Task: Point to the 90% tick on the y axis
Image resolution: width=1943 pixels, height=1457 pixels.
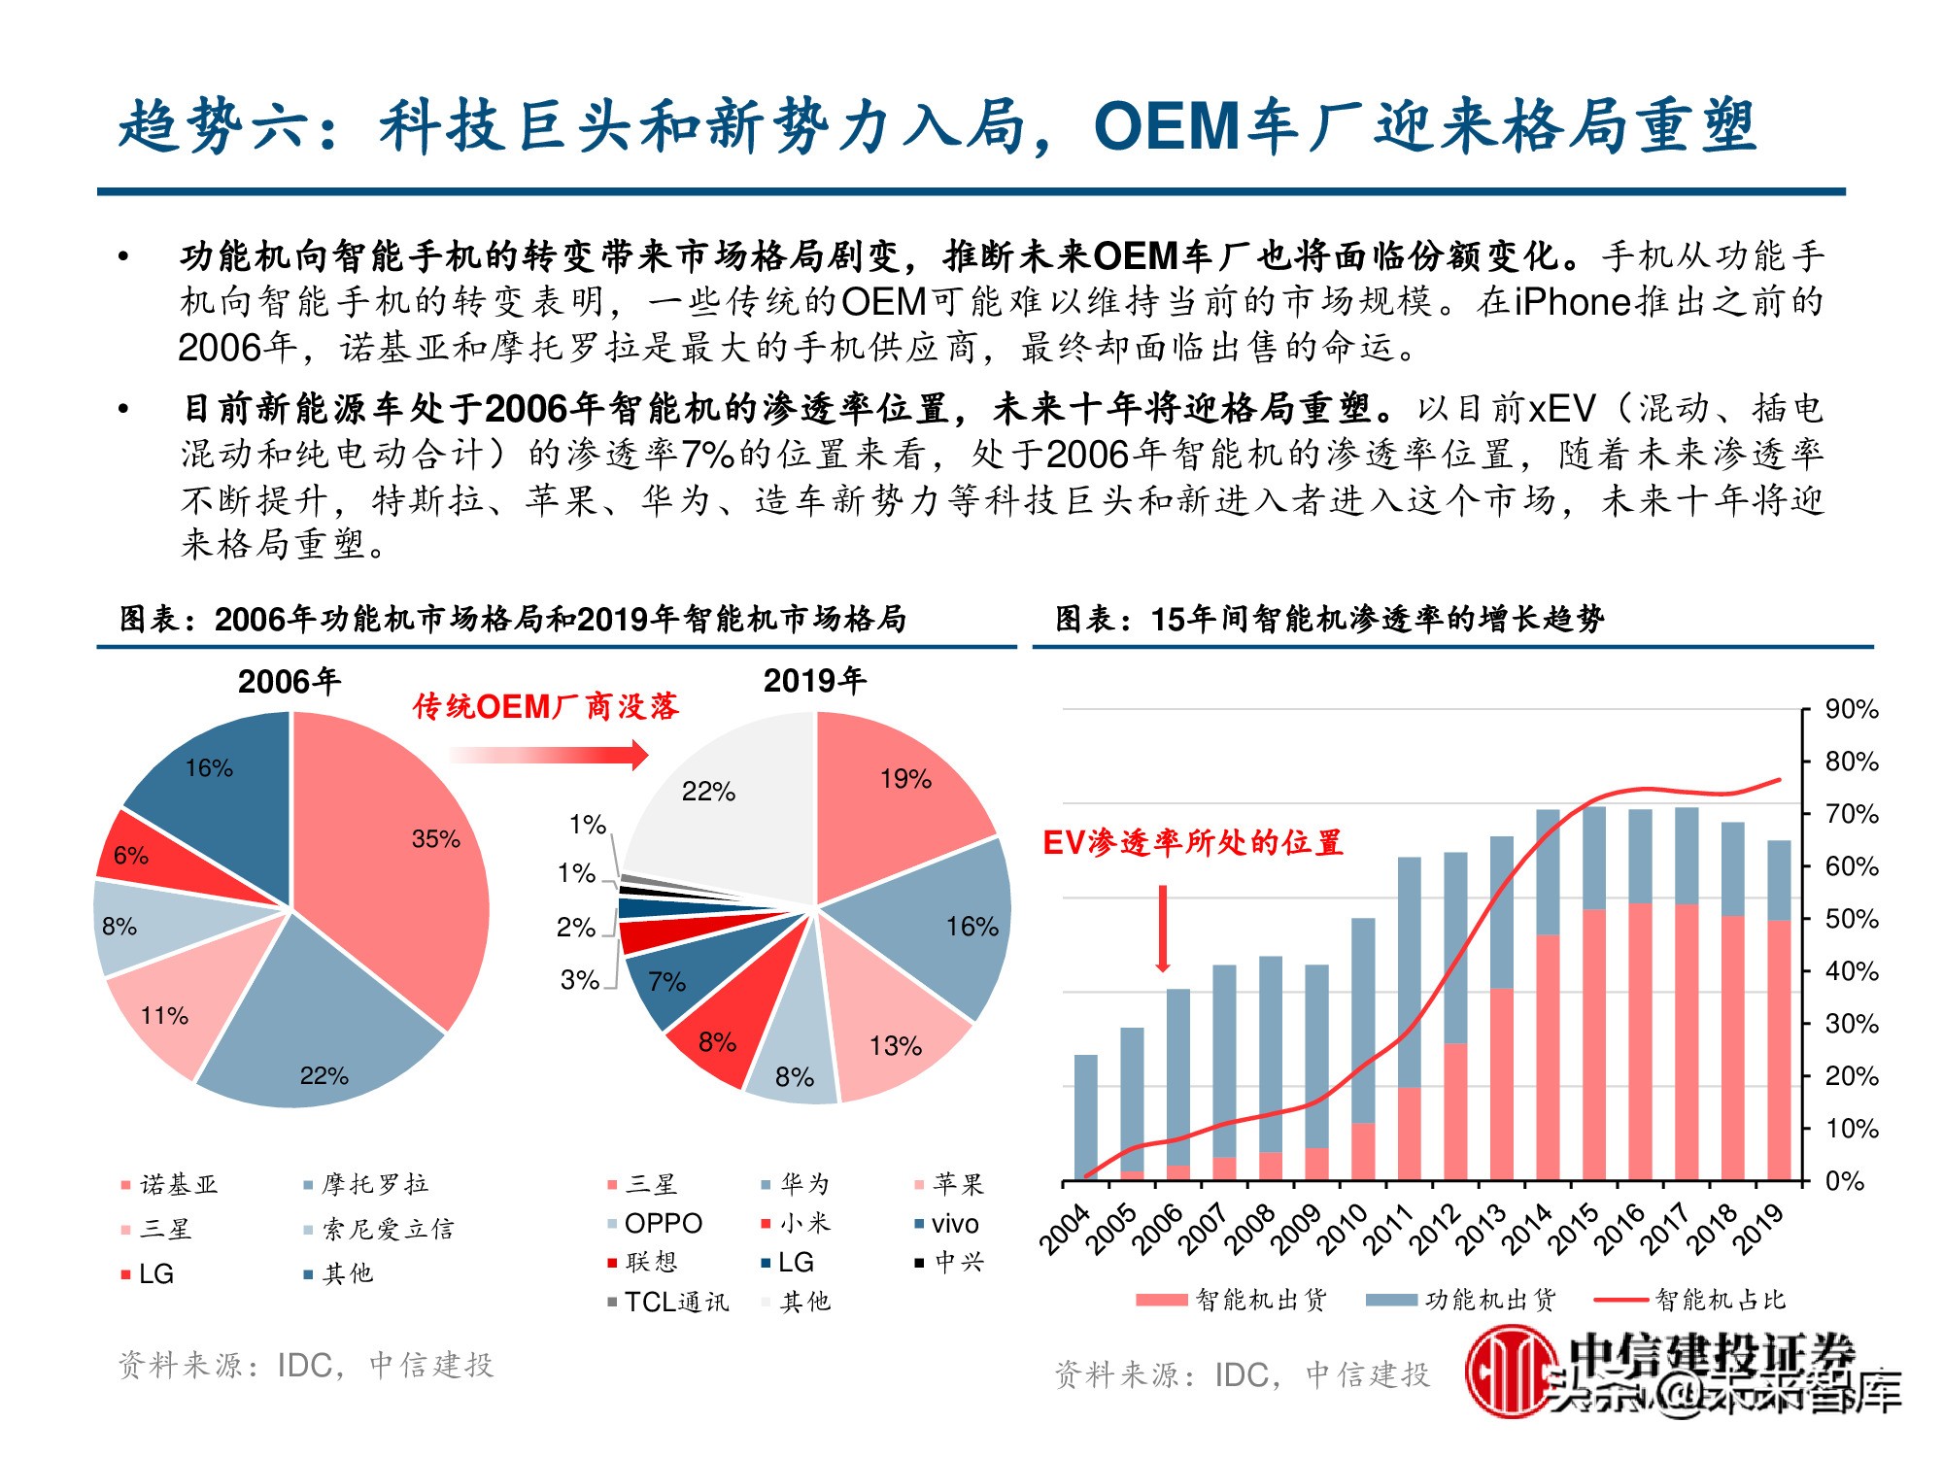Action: point(1851,709)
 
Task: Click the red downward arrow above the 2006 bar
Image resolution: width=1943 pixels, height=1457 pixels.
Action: point(1162,928)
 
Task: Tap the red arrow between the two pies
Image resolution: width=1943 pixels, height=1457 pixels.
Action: point(549,754)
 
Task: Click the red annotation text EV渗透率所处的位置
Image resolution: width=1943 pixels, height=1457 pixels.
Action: point(1192,842)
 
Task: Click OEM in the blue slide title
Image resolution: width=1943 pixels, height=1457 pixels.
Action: point(1166,126)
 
